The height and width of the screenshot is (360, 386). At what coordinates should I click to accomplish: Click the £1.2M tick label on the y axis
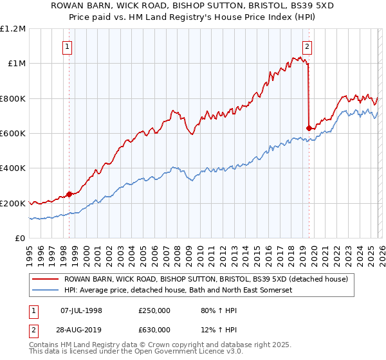click(14, 29)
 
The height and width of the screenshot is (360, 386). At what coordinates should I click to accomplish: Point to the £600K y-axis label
click(13, 134)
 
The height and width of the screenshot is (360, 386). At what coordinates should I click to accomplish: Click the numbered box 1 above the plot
click(68, 46)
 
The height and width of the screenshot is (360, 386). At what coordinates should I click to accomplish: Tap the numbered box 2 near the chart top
click(308, 46)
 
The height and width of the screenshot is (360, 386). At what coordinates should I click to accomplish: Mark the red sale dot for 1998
click(69, 195)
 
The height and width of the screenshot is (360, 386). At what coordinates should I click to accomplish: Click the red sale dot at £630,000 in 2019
click(309, 128)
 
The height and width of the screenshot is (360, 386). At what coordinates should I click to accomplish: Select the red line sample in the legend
click(45, 279)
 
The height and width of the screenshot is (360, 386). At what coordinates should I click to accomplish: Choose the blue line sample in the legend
click(45, 291)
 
